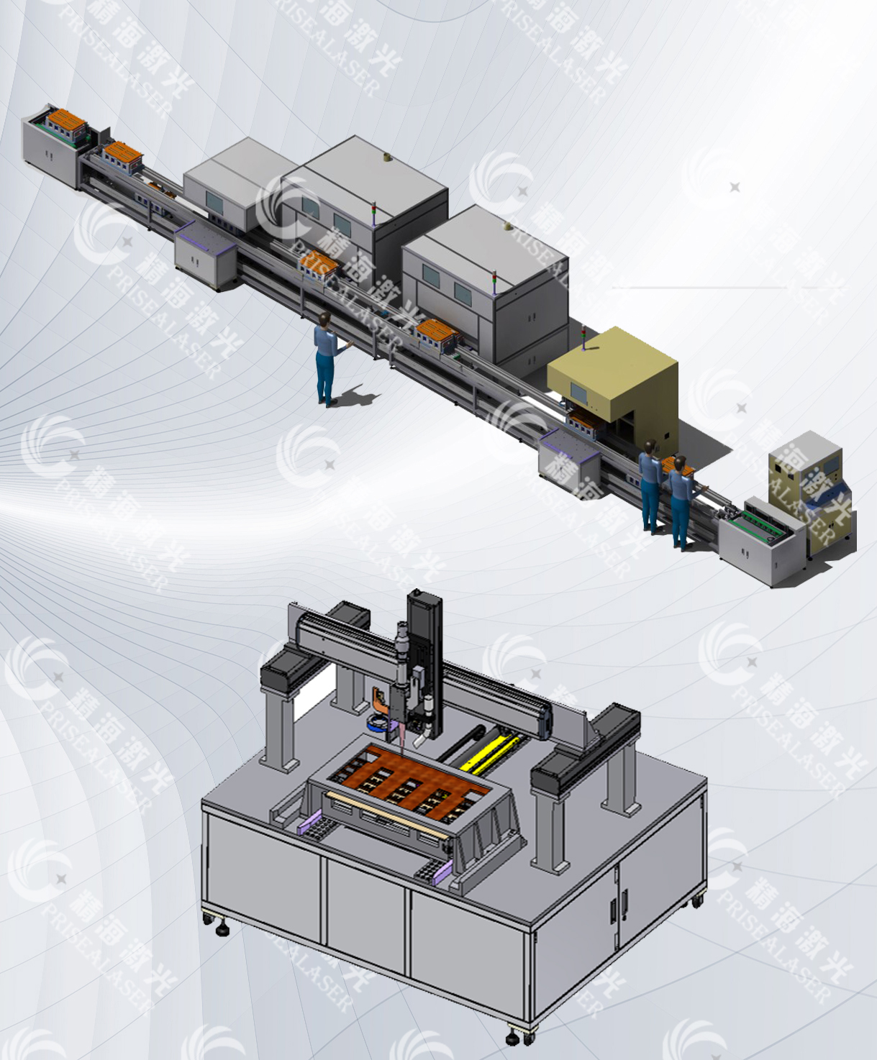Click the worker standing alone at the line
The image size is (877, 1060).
[326, 356]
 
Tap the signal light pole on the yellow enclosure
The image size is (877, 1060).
[584, 339]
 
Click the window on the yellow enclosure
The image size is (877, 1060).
[578, 392]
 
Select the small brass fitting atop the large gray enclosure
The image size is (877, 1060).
[386, 155]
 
